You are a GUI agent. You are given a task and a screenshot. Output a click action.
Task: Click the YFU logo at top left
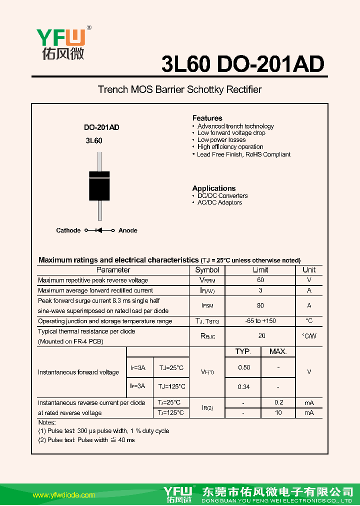click(x=60, y=44)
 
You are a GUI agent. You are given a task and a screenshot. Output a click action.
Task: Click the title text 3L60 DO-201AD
click(x=243, y=64)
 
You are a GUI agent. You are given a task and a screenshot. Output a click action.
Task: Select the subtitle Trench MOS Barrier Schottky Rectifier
click(x=179, y=89)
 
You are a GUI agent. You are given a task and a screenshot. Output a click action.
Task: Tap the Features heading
click(x=207, y=118)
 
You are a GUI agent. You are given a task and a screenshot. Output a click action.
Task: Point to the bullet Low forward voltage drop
click(x=231, y=133)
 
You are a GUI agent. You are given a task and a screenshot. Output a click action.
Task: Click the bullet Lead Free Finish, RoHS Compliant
click(x=243, y=154)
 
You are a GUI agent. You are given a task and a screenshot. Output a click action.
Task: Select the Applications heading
click(x=213, y=188)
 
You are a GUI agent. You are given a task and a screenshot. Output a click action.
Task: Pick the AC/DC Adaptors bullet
click(x=219, y=202)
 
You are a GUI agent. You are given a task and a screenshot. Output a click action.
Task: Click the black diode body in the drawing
click(x=99, y=186)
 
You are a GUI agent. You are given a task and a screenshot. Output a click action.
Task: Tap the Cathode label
click(x=68, y=230)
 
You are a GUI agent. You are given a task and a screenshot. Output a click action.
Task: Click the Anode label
click(x=127, y=230)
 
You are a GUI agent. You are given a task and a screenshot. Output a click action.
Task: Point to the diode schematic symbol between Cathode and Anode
click(x=99, y=230)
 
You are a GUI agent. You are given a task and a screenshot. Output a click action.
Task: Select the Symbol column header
click(x=207, y=270)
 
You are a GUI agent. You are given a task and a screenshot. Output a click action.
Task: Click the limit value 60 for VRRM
click(x=260, y=280)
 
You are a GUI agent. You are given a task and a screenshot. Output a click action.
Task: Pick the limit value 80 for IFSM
click(x=260, y=305)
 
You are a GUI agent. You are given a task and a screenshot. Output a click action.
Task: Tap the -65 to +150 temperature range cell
click(x=260, y=321)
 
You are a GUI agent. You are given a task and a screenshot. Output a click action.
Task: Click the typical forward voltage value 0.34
click(x=244, y=386)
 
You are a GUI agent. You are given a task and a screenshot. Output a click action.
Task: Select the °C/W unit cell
click(x=309, y=336)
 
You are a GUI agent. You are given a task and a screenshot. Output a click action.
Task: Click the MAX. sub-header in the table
click(x=278, y=351)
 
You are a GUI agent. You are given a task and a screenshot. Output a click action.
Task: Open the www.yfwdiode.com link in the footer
click(x=63, y=495)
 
